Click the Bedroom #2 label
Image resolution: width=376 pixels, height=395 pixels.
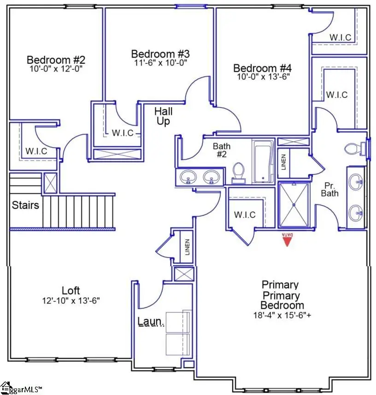pos(56,60)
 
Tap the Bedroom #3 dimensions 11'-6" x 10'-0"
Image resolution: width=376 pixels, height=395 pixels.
pos(160,62)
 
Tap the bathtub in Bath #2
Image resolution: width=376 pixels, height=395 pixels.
pos(263,162)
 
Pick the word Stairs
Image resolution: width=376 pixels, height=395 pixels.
pos(26,205)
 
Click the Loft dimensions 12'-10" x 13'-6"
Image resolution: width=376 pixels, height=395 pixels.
pos(71,300)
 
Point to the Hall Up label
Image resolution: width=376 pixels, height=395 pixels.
pos(163,116)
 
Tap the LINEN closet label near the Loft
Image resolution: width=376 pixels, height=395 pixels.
pos(187,247)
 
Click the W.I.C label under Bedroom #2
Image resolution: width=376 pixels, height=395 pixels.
pos(36,151)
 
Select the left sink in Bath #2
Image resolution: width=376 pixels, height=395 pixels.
pos(188,176)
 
